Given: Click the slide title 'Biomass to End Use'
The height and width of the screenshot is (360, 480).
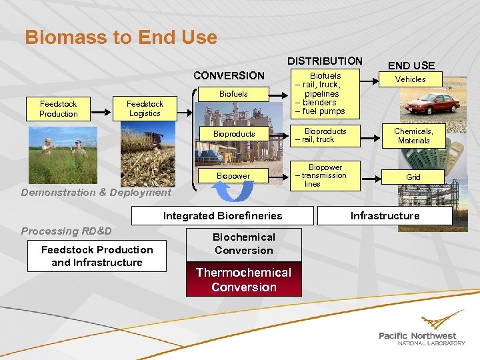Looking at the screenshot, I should tap(121, 37).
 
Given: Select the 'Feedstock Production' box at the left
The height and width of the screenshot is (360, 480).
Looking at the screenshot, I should tap(59, 109).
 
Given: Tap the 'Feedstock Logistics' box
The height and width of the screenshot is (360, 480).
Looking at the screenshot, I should tap(145, 109).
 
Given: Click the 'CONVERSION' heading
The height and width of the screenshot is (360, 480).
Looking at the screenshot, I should tap(229, 75).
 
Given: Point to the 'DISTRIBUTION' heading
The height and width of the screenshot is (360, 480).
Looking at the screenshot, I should tap(325, 61).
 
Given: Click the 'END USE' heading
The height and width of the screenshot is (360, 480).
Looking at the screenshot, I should tap(411, 65).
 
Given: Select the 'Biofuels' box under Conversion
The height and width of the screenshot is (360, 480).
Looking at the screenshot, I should tap(233, 94).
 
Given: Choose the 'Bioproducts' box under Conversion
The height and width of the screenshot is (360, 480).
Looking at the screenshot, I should tap(233, 134).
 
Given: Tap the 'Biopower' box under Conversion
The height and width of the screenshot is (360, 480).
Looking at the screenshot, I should tap(233, 176).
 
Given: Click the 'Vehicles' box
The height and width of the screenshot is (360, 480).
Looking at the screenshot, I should tap(410, 79).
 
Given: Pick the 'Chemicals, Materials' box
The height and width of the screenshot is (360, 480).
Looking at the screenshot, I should tap(413, 136).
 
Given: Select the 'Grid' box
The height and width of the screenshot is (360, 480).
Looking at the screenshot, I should tap(413, 177).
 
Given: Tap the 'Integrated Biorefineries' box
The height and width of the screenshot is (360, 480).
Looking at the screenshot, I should tap(222, 215).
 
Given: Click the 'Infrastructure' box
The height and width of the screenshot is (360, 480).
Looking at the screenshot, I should tap(385, 215).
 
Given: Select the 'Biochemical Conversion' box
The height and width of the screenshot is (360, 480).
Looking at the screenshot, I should tap(243, 244).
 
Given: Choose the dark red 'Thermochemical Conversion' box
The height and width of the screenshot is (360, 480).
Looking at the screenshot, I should tap(243, 279).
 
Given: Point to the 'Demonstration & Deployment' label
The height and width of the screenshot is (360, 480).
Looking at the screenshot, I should tap(96, 193).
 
